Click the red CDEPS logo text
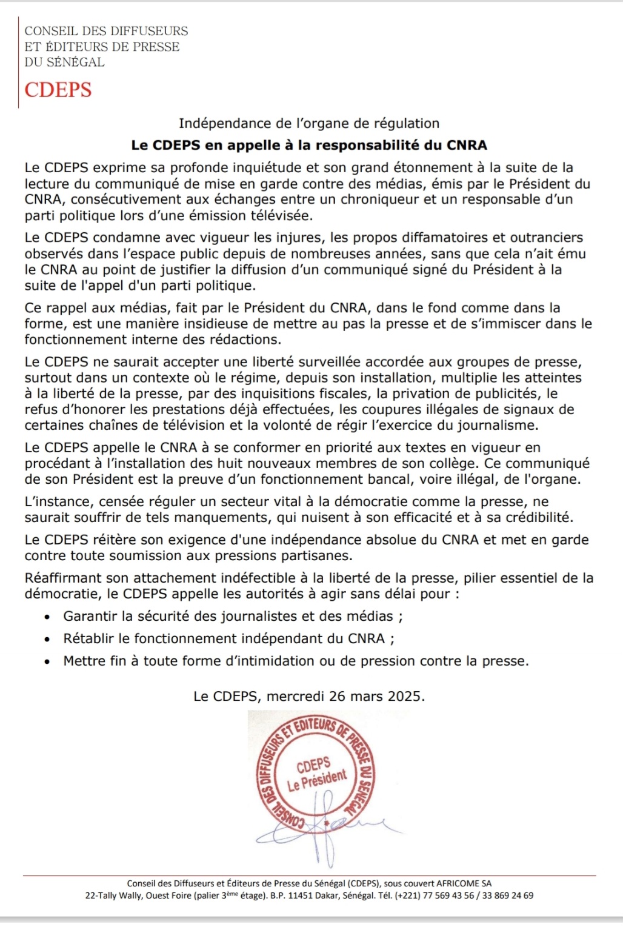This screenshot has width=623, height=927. (x=58, y=90)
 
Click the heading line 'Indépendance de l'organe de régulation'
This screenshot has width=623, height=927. (x=309, y=124)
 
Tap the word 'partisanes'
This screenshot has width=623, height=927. (x=319, y=555)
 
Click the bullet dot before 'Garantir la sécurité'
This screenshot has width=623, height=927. (x=47, y=617)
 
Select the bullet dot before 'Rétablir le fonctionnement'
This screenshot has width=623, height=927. (x=47, y=639)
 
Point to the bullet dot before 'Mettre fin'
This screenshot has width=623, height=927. (x=47, y=661)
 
